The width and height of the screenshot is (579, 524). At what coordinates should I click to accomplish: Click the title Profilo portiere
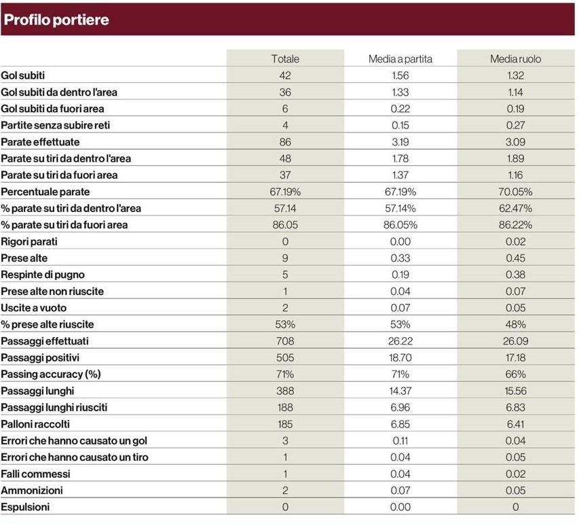[x=56, y=20]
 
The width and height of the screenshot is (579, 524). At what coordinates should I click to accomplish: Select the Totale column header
[x=285, y=59]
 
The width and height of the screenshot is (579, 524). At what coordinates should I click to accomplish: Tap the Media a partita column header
[x=400, y=59]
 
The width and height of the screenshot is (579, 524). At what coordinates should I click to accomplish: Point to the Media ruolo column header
[x=515, y=59]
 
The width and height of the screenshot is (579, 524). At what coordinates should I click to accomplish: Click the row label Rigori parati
[x=29, y=241]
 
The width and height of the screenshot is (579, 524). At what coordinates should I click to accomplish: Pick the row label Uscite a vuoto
[x=34, y=308]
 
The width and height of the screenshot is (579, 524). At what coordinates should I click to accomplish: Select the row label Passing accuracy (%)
[x=51, y=374]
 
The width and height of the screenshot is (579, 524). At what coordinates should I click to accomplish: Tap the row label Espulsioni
[x=25, y=506]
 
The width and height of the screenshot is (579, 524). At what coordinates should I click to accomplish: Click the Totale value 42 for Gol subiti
[x=285, y=75]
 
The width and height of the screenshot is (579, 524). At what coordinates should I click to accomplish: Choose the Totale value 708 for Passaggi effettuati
[x=285, y=341]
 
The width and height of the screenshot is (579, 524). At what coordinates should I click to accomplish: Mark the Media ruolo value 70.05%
[x=515, y=192]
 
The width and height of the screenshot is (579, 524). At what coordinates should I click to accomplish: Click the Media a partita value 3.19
[x=400, y=142]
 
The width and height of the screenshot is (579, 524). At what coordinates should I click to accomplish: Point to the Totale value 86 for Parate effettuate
[x=285, y=142]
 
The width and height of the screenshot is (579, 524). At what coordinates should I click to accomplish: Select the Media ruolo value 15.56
[x=515, y=391]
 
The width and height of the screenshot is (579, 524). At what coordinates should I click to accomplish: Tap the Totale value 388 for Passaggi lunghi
[x=285, y=391]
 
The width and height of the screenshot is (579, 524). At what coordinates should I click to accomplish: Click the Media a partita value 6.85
[x=400, y=424]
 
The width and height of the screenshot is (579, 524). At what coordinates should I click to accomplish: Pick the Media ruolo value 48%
[x=515, y=324]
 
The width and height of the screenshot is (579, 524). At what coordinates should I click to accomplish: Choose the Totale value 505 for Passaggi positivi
[x=285, y=357]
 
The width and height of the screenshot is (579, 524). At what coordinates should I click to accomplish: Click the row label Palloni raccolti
[x=35, y=424]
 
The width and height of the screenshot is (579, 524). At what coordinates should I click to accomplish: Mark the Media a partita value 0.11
[x=400, y=440]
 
